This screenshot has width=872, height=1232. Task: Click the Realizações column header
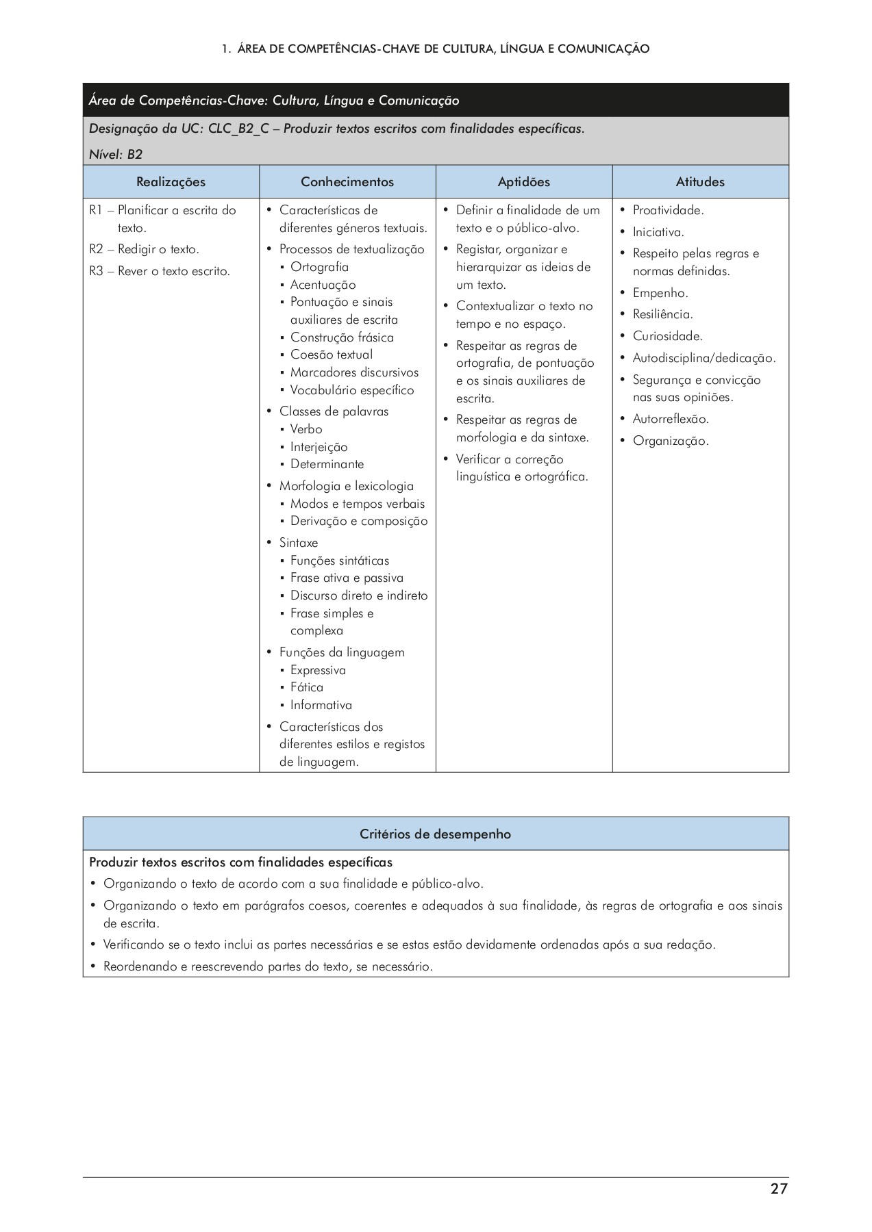pyautogui.click(x=171, y=182)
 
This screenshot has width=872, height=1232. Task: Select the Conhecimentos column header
pyautogui.click(x=347, y=182)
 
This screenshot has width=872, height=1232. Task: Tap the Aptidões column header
pyautogui.click(x=524, y=182)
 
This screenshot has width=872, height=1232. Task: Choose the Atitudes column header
pyautogui.click(x=700, y=182)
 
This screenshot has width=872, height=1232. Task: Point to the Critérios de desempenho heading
pyautogui.click(x=436, y=834)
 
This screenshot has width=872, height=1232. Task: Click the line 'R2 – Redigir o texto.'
pyautogui.click(x=144, y=249)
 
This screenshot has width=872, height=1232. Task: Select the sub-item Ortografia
pyautogui.click(x=319, y=267)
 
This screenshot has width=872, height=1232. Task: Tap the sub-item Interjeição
pyautogui.click(x=319, y=447)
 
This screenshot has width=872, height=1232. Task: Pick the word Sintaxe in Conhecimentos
pyautogui.click(x=299, y=543)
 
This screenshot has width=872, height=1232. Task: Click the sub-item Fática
pyautogui.click(x=306, y=687)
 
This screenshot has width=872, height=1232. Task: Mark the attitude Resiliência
pyautogui.click(x=662, y=314)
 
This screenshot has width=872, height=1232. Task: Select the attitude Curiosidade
pyautogui.click(x=667, y=336)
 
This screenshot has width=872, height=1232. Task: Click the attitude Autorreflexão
pyautogui.click(x=670, y=419)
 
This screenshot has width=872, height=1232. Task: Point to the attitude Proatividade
pyautogui.click(x=668, y=210)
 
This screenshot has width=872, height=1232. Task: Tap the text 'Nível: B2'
pyautogui.click(x=116, y=154)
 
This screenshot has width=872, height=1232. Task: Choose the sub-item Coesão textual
pyautogui.click(x=332, y=355)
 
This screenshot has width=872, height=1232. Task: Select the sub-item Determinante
pyautogui.click(x=327, y=464)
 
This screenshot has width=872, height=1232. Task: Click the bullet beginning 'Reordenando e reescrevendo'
pyautogui.click(x=268, y=966)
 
